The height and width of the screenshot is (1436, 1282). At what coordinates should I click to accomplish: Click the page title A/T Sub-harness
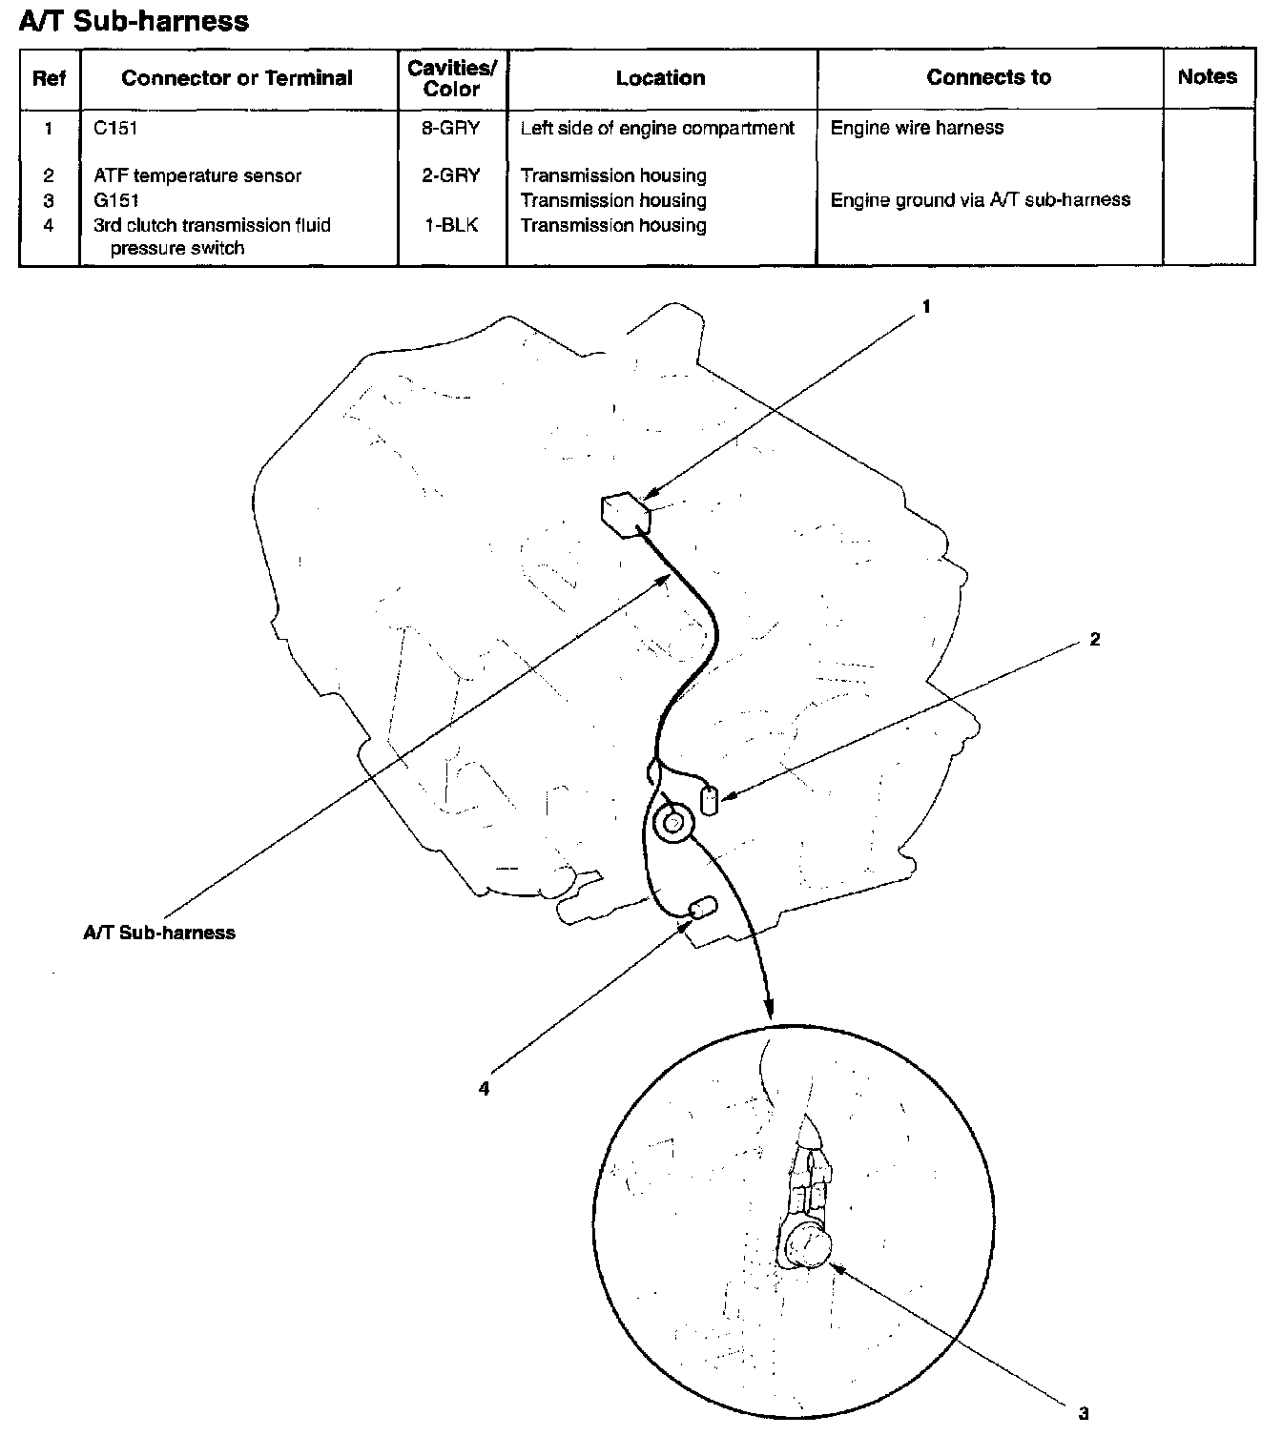(134, 21)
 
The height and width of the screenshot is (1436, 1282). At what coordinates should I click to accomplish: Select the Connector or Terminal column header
(237, 78)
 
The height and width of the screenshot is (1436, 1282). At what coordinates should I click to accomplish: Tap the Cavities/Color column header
(451, 78)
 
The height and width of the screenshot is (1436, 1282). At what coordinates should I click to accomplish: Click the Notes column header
(1207, 77)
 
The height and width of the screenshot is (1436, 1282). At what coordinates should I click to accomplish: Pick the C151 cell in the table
(116, 128)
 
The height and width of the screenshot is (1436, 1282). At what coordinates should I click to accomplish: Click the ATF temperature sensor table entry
(197, 175)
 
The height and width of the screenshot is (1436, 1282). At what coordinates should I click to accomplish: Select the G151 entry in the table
(116, 200)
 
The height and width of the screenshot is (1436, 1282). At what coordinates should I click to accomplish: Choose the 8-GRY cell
(450, 128)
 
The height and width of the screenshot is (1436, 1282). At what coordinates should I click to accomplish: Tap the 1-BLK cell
(450, 225)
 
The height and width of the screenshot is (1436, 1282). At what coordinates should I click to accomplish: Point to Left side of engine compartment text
(657, 128)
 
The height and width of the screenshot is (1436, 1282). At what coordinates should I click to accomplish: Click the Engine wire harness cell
(917, 128)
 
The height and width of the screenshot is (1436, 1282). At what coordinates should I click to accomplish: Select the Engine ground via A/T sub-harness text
(980, 200)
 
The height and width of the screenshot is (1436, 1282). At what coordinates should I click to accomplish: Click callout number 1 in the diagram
(925, 307)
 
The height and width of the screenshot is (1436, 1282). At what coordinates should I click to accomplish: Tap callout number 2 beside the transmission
(1094, 639)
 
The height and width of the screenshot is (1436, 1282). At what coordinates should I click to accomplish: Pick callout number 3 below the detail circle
(1084, 1413)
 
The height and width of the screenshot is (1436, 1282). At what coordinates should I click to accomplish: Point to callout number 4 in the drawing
(485, 1088)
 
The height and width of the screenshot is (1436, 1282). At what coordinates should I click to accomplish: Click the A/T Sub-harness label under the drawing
(159, 933)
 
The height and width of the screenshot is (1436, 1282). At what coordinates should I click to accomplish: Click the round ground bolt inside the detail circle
(809, 1245)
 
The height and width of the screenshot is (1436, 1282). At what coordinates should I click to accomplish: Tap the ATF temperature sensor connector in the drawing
(709, 799)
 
